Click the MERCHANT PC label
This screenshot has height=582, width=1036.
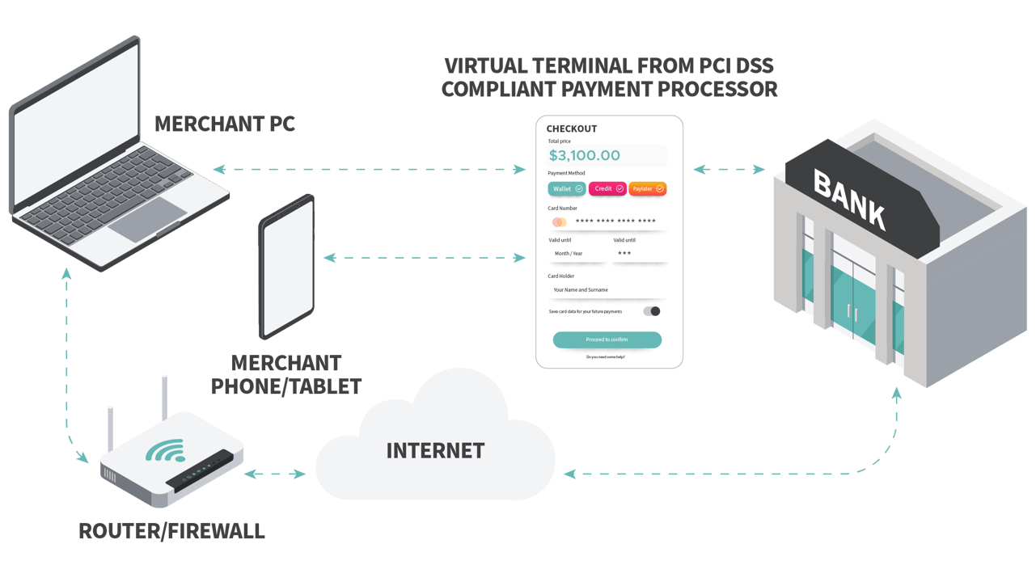[225, 124]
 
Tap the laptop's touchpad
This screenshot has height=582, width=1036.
[147, 219]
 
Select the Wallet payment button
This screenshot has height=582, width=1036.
[567, 188]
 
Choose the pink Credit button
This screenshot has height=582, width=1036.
[607, 188]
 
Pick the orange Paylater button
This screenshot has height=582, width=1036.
[647, 188]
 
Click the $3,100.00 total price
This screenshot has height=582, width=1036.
[585, 155]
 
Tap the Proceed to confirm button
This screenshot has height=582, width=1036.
[607, 339]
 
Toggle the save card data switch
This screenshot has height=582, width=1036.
[652, 311]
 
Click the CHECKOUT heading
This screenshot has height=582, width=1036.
[572, 129]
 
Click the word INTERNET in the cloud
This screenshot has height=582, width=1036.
[435, 450]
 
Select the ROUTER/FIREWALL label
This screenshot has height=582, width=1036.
[171, 531]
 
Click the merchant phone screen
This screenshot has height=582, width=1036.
[286, 267]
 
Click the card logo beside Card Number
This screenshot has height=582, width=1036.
[559, 222]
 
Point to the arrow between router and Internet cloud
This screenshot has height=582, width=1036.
[275, 474]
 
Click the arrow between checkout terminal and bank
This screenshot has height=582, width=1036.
[729, 170]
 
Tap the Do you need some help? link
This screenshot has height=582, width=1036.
[606, 356]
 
